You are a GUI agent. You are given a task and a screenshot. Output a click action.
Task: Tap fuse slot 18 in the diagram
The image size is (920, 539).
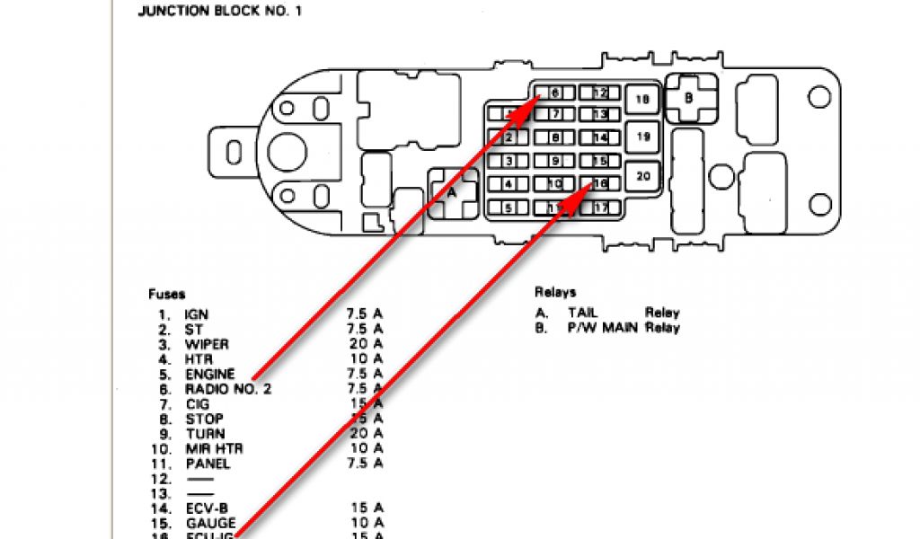pos(642,100)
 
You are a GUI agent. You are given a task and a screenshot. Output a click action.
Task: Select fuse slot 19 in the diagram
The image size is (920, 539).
pos(642,137)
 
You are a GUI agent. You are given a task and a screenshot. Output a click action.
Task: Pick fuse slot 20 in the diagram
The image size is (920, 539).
pos(642,176)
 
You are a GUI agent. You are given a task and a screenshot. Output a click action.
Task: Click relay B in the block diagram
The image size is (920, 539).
pos(689,98)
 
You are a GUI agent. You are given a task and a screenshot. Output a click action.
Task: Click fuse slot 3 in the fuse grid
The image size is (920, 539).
pos(509,162)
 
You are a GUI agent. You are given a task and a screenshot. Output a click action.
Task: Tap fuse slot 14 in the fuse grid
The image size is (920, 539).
pos(600,138)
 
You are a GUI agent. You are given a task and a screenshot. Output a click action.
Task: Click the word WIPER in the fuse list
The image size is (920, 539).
pos(206,344)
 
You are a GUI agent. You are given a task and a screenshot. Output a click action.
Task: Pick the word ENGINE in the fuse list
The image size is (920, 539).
pos(209,374)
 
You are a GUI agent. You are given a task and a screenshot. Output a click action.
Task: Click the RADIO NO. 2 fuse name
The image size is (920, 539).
pos(227,389)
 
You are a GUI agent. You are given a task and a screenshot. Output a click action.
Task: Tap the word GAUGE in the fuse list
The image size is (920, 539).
pos(210,523)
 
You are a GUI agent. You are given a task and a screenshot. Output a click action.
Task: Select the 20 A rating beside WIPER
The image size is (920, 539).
pos(366,344)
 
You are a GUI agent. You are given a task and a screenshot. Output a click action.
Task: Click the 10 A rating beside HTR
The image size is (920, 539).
pos(366,359)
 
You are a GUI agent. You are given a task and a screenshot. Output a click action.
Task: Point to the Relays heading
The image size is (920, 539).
pos(555,292)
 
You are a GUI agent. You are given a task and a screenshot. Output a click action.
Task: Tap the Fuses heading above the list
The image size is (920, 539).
pos(167,294)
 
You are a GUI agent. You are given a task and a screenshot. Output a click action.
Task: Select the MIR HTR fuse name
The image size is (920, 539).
pos(213,448)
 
